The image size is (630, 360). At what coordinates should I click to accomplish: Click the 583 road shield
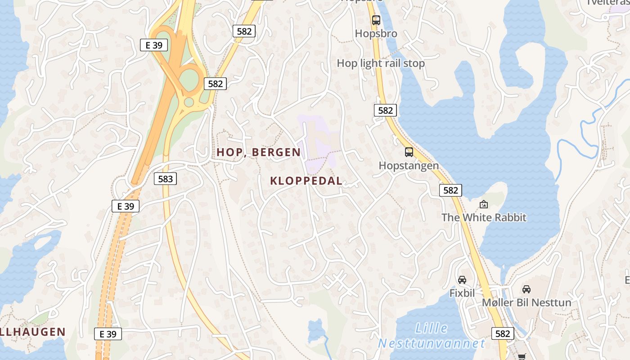[x=166, y=179]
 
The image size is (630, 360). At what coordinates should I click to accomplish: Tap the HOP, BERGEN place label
[x=258, y=152]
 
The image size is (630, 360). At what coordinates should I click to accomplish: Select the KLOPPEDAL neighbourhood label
[x=306, y=181]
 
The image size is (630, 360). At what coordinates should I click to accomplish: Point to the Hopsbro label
[x=376, y=33]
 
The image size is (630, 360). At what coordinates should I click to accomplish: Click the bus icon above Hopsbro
[x=376, y=20]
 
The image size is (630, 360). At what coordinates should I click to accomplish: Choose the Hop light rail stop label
[x=381, y=63]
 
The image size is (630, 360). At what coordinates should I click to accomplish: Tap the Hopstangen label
[x=409, y=165]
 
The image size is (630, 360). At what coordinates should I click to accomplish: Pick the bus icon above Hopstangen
[x=409, y=152]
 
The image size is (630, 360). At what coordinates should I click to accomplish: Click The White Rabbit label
[x=484, y=217]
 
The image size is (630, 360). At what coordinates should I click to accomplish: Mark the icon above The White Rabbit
[x=484, y=204]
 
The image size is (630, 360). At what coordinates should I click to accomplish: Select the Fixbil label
[x=462, y=293]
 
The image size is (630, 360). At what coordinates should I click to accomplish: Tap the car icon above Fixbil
[x=462, y=280]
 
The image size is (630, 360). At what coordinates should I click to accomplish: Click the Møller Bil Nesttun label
[x=526, y=302]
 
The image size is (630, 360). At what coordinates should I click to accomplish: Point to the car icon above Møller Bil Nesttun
[x=526, y=289]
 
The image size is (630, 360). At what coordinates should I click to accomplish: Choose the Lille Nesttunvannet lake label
[x=432, y=336]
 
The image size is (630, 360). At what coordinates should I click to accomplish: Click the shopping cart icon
[x=522, y=356]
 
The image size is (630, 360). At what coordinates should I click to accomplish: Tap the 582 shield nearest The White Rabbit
[x=450, y=190]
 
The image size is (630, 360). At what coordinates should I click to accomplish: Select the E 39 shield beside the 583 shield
[x=126, y=206]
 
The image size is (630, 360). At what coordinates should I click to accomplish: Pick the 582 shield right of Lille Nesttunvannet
[x=502, y=333]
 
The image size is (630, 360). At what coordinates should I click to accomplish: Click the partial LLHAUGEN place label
[x=33, y=332]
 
